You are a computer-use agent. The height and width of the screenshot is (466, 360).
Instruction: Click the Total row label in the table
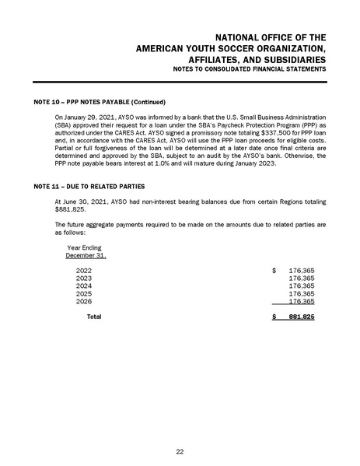tap(93, 317)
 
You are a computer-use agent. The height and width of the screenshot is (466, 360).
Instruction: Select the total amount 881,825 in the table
tap(301, 317)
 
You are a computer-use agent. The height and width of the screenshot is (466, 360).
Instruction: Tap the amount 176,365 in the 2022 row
tap(301, 270)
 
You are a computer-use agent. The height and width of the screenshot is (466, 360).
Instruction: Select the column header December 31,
tap(86, 254)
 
